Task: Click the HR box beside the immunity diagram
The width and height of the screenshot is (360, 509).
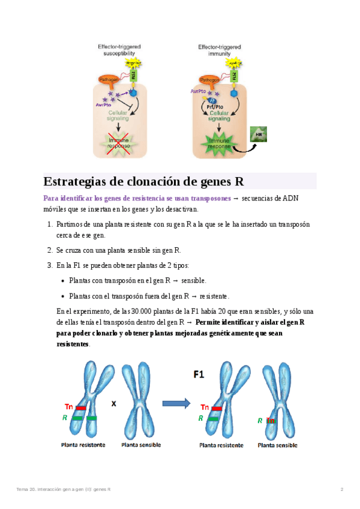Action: (259, 134)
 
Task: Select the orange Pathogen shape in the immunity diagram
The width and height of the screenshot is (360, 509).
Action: (209, 80)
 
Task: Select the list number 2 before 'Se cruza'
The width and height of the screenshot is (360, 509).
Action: (49, 250)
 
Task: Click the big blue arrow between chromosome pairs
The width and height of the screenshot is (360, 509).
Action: (176, 404)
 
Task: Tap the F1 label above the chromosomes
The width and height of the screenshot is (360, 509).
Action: (199, 374)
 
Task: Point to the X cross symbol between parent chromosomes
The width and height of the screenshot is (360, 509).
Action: (113, 404)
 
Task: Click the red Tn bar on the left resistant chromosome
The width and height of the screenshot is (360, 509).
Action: (81, 408)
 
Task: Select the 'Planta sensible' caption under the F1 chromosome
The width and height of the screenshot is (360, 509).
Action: (277, 445)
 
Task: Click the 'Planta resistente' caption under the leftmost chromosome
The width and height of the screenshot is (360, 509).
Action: (83, 445)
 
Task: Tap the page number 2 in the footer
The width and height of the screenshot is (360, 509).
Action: (341, 490)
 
